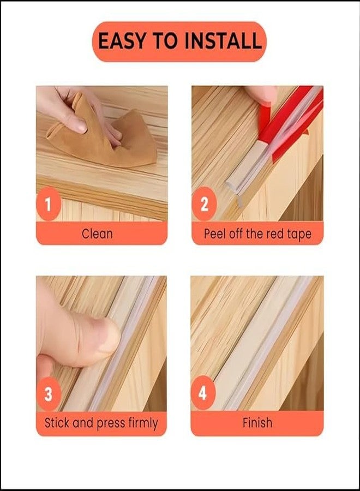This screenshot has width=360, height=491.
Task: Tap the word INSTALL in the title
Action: tap(223, 41)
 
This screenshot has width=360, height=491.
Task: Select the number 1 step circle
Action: tap(49, 203)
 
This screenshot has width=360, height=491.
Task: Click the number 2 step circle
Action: tap(204, 203)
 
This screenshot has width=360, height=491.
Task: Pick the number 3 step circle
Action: tap(48, 393)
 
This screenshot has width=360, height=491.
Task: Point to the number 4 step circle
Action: tap(203, 393)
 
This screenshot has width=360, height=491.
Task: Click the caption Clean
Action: tap(97, 234)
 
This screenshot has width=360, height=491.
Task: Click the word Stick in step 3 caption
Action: tap(57, 423)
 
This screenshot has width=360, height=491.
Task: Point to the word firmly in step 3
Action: tap(143, 423)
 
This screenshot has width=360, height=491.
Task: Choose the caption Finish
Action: tap(257, 423)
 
